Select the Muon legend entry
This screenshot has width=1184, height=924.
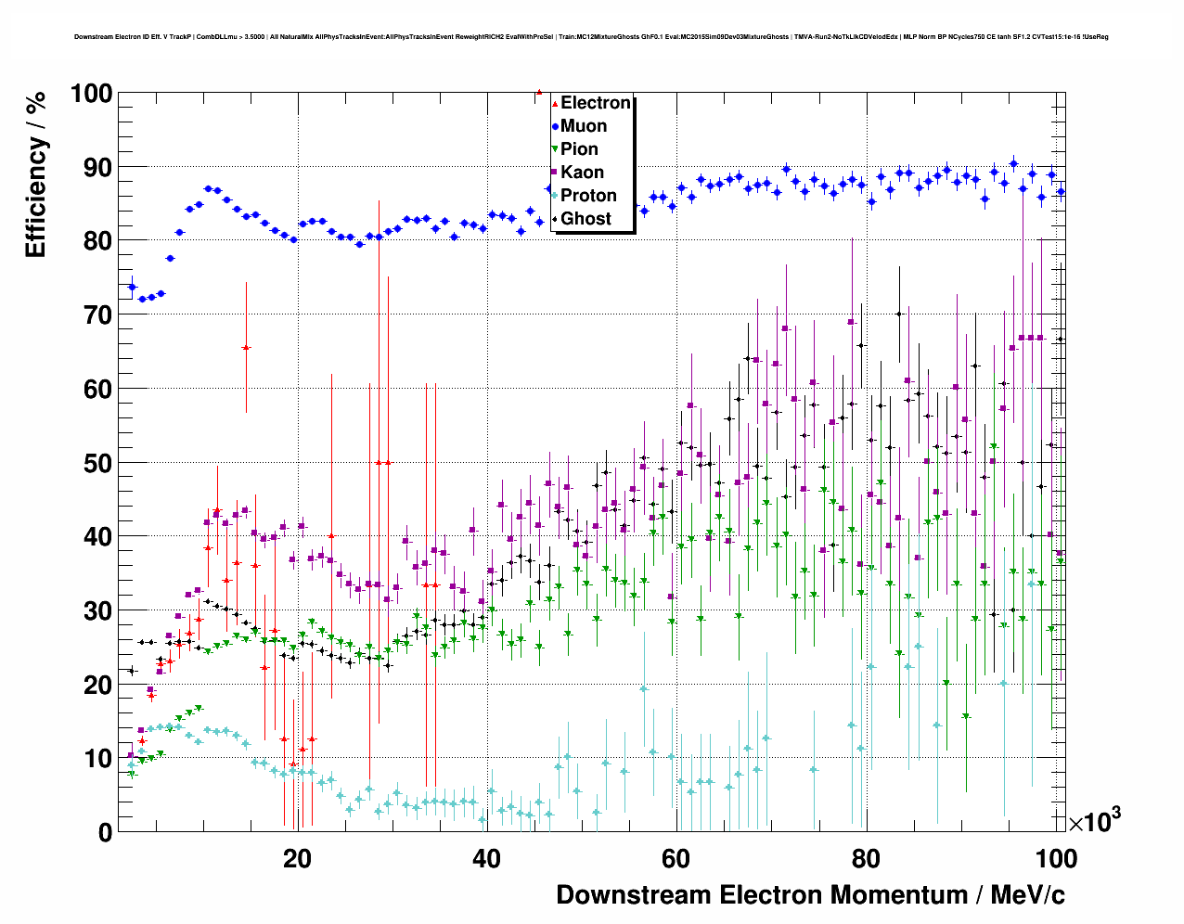click(x=584, y=126)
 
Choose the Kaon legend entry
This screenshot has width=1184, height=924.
click(x=582, y=173)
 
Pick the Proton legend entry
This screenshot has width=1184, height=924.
click(x=588, y=196)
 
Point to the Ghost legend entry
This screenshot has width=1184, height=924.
click(x=586, y=219)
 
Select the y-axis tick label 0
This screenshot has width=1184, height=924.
click(x=105, y=832)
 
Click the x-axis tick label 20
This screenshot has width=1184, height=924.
click(x=297, y=859)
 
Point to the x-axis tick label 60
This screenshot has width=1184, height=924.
click(x=676, y=859)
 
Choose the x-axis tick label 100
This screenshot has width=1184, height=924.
click(x=1055, y=859)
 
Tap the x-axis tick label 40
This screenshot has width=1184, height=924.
click(x=486, y=859)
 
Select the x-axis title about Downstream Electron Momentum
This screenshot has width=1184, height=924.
click(x=810, y=895)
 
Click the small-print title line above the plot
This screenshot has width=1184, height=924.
click(x=591, y=37)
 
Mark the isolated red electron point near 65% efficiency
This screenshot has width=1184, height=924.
click(x=246, y=348)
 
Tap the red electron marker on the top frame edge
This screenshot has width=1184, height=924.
click(x=539, y=92)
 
